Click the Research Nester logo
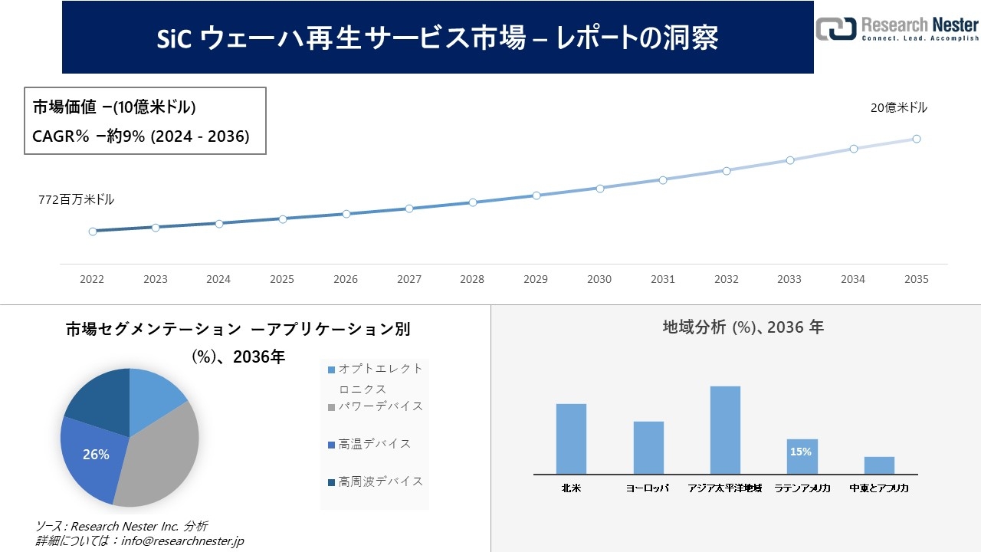coord(897,28)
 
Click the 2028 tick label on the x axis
coord(472,280)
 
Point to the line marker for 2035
coord(916,139)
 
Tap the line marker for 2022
coord(93,231)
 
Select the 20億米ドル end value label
coord(898,108)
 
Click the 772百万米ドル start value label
coord(77,199)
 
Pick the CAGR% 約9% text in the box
coord(141,136)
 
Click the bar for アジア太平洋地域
coord(725,430)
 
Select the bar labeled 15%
coord(802,456)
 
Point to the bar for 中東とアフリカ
coord(879,465)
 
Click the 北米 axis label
coord(571,488)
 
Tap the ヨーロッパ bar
coord(648,448)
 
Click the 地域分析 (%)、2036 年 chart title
coord(743,327)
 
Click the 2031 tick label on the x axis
coord(663,280)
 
